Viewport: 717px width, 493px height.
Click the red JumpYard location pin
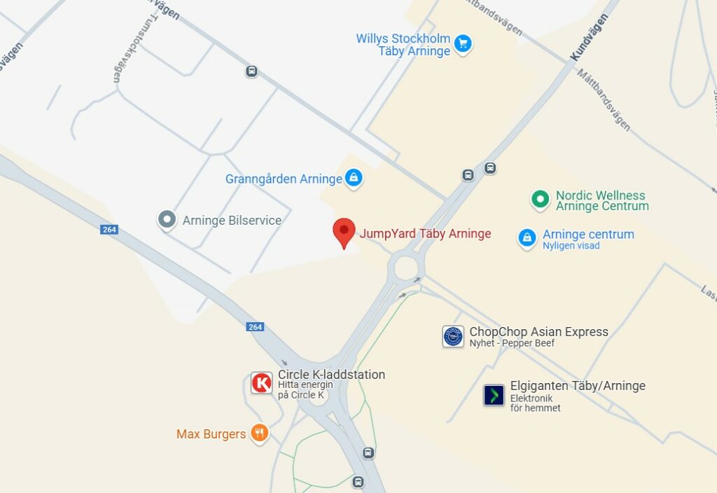click(x=343, y=231)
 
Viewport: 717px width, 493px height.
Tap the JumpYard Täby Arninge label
click(x=425, y=234)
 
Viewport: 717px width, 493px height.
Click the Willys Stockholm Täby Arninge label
click(x=403, y=45)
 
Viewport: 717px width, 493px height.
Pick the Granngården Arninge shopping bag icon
click(x=354, y=178)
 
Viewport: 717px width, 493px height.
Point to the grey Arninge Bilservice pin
click(x=167, y=221)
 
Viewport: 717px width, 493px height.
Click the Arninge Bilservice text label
click(x=232, y=221)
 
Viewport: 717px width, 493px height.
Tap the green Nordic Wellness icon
click(x=540, y=200)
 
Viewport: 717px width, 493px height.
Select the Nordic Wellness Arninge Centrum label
click(x=602, y=201)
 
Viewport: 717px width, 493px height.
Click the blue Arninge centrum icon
click(x=527, y=238)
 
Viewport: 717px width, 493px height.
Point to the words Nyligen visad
click(x=571, y=246)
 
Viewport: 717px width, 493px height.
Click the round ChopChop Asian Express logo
click(x=453, y=336)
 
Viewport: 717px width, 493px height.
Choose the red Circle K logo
click(x=262, y=383)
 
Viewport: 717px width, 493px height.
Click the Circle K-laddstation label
click(x=331, y=375)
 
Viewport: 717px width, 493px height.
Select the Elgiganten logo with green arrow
click(x=494, y=395)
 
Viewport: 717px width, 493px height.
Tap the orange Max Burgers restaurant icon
click(x=259, y=433)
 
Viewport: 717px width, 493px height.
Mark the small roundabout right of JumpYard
click(x=405, y=267)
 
